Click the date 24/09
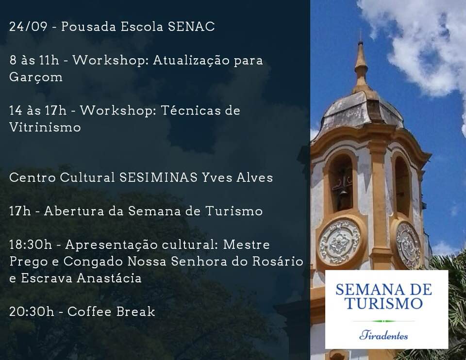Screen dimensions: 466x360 28,27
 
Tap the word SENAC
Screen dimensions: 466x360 191,27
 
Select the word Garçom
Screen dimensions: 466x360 35,78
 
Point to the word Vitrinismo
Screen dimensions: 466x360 45,127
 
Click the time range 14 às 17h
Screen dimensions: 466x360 38,111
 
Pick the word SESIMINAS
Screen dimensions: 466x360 158,178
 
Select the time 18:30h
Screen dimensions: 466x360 31,245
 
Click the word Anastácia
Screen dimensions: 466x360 109,278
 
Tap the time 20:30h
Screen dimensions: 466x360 32,312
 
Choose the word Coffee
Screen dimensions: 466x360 90,312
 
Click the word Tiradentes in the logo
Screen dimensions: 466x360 383,336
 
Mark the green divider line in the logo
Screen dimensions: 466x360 384,321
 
